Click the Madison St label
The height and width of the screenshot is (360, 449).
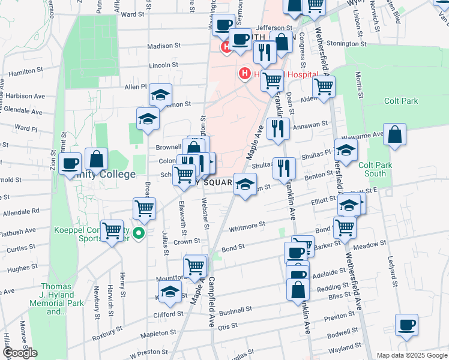pyautogui.click(x=164, y=46)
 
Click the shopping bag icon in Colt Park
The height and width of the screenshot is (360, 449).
pyautogui.click(x=396, y=136)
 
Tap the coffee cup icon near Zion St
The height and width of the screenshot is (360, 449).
pyautogui.click(x=70, y=163)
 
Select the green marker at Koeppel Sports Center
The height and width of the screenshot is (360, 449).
pyautogui.click(x=139, y=233)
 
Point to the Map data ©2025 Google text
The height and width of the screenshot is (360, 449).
pyautogui.click(x=411, y=355)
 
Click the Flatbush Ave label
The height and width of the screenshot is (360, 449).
pyautogui.click(x=19, y=232)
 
